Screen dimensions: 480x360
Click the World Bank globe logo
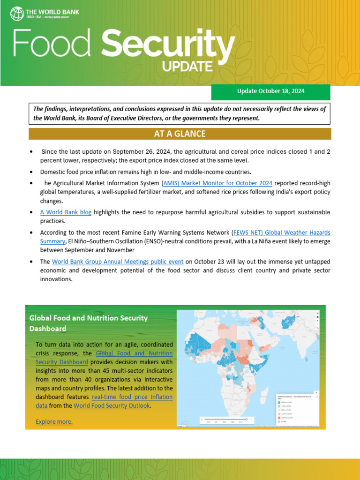tap(17, 13)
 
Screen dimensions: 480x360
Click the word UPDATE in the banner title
tap(187, 67)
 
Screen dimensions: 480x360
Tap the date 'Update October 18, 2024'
tap(271, 91)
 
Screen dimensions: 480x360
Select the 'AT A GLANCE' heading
tap(180, 134)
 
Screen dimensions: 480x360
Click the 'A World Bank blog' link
tap(66, 212)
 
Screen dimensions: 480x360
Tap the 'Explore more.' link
tap(54, 421)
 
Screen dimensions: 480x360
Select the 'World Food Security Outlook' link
tap(112, 405)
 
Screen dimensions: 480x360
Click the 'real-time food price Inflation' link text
tap(132, 397)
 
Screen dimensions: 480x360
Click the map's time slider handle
tap(247, 419)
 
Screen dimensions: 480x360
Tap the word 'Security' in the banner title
tap(168, 45)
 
